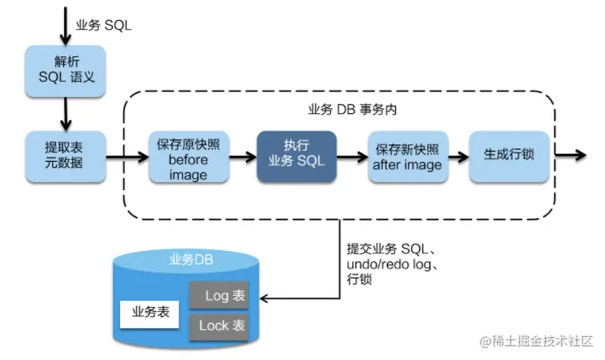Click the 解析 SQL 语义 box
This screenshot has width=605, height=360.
click(66, 71)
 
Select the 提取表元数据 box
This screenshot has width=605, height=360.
click(66, 156)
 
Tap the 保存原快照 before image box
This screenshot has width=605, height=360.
click(189, 156)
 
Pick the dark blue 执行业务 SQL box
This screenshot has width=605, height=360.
click(296, 156)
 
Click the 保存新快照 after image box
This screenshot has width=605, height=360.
click(408, 156)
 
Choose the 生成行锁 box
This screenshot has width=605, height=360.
click(509, 156)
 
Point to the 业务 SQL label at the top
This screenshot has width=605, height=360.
click(103, 26)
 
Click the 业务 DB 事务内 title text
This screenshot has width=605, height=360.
click(353, 110)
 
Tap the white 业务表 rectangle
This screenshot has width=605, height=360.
click(149, 314)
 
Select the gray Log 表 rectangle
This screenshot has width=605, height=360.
click(219, 296)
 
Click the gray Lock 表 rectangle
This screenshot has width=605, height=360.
click(219, 327)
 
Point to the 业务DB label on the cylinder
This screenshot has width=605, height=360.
click(192, 260)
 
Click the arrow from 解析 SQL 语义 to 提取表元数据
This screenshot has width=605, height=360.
click(66, 114)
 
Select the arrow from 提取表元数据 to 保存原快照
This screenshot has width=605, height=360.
click(127, 157)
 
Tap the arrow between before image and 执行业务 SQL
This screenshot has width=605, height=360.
click(243, 157)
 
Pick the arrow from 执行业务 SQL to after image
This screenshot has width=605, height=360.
click(353, 157)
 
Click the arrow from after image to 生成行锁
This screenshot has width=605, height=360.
click(459, 157)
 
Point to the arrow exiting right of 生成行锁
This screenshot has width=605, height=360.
click(571, 156)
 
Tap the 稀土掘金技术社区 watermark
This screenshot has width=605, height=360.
click(536, 341)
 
